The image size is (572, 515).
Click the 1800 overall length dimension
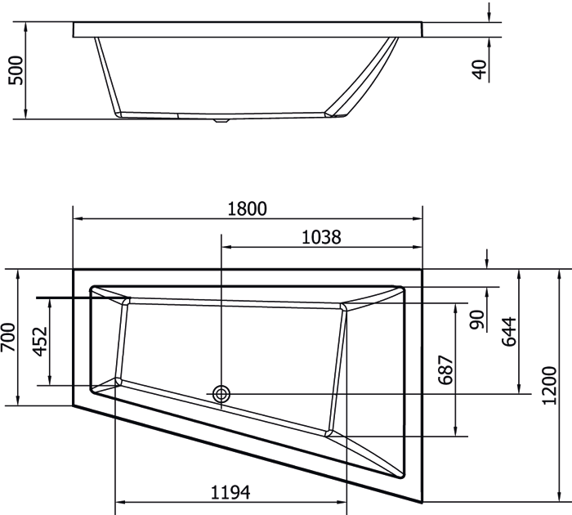(x=248, y=208)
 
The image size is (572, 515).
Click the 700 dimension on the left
(x=8, y=337)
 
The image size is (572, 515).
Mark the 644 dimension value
(x=509, y=332)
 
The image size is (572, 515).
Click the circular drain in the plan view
(x=221, y=394)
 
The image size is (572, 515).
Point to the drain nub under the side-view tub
(x=219, y=122)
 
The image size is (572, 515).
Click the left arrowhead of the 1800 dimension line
(x=78, y=219)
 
